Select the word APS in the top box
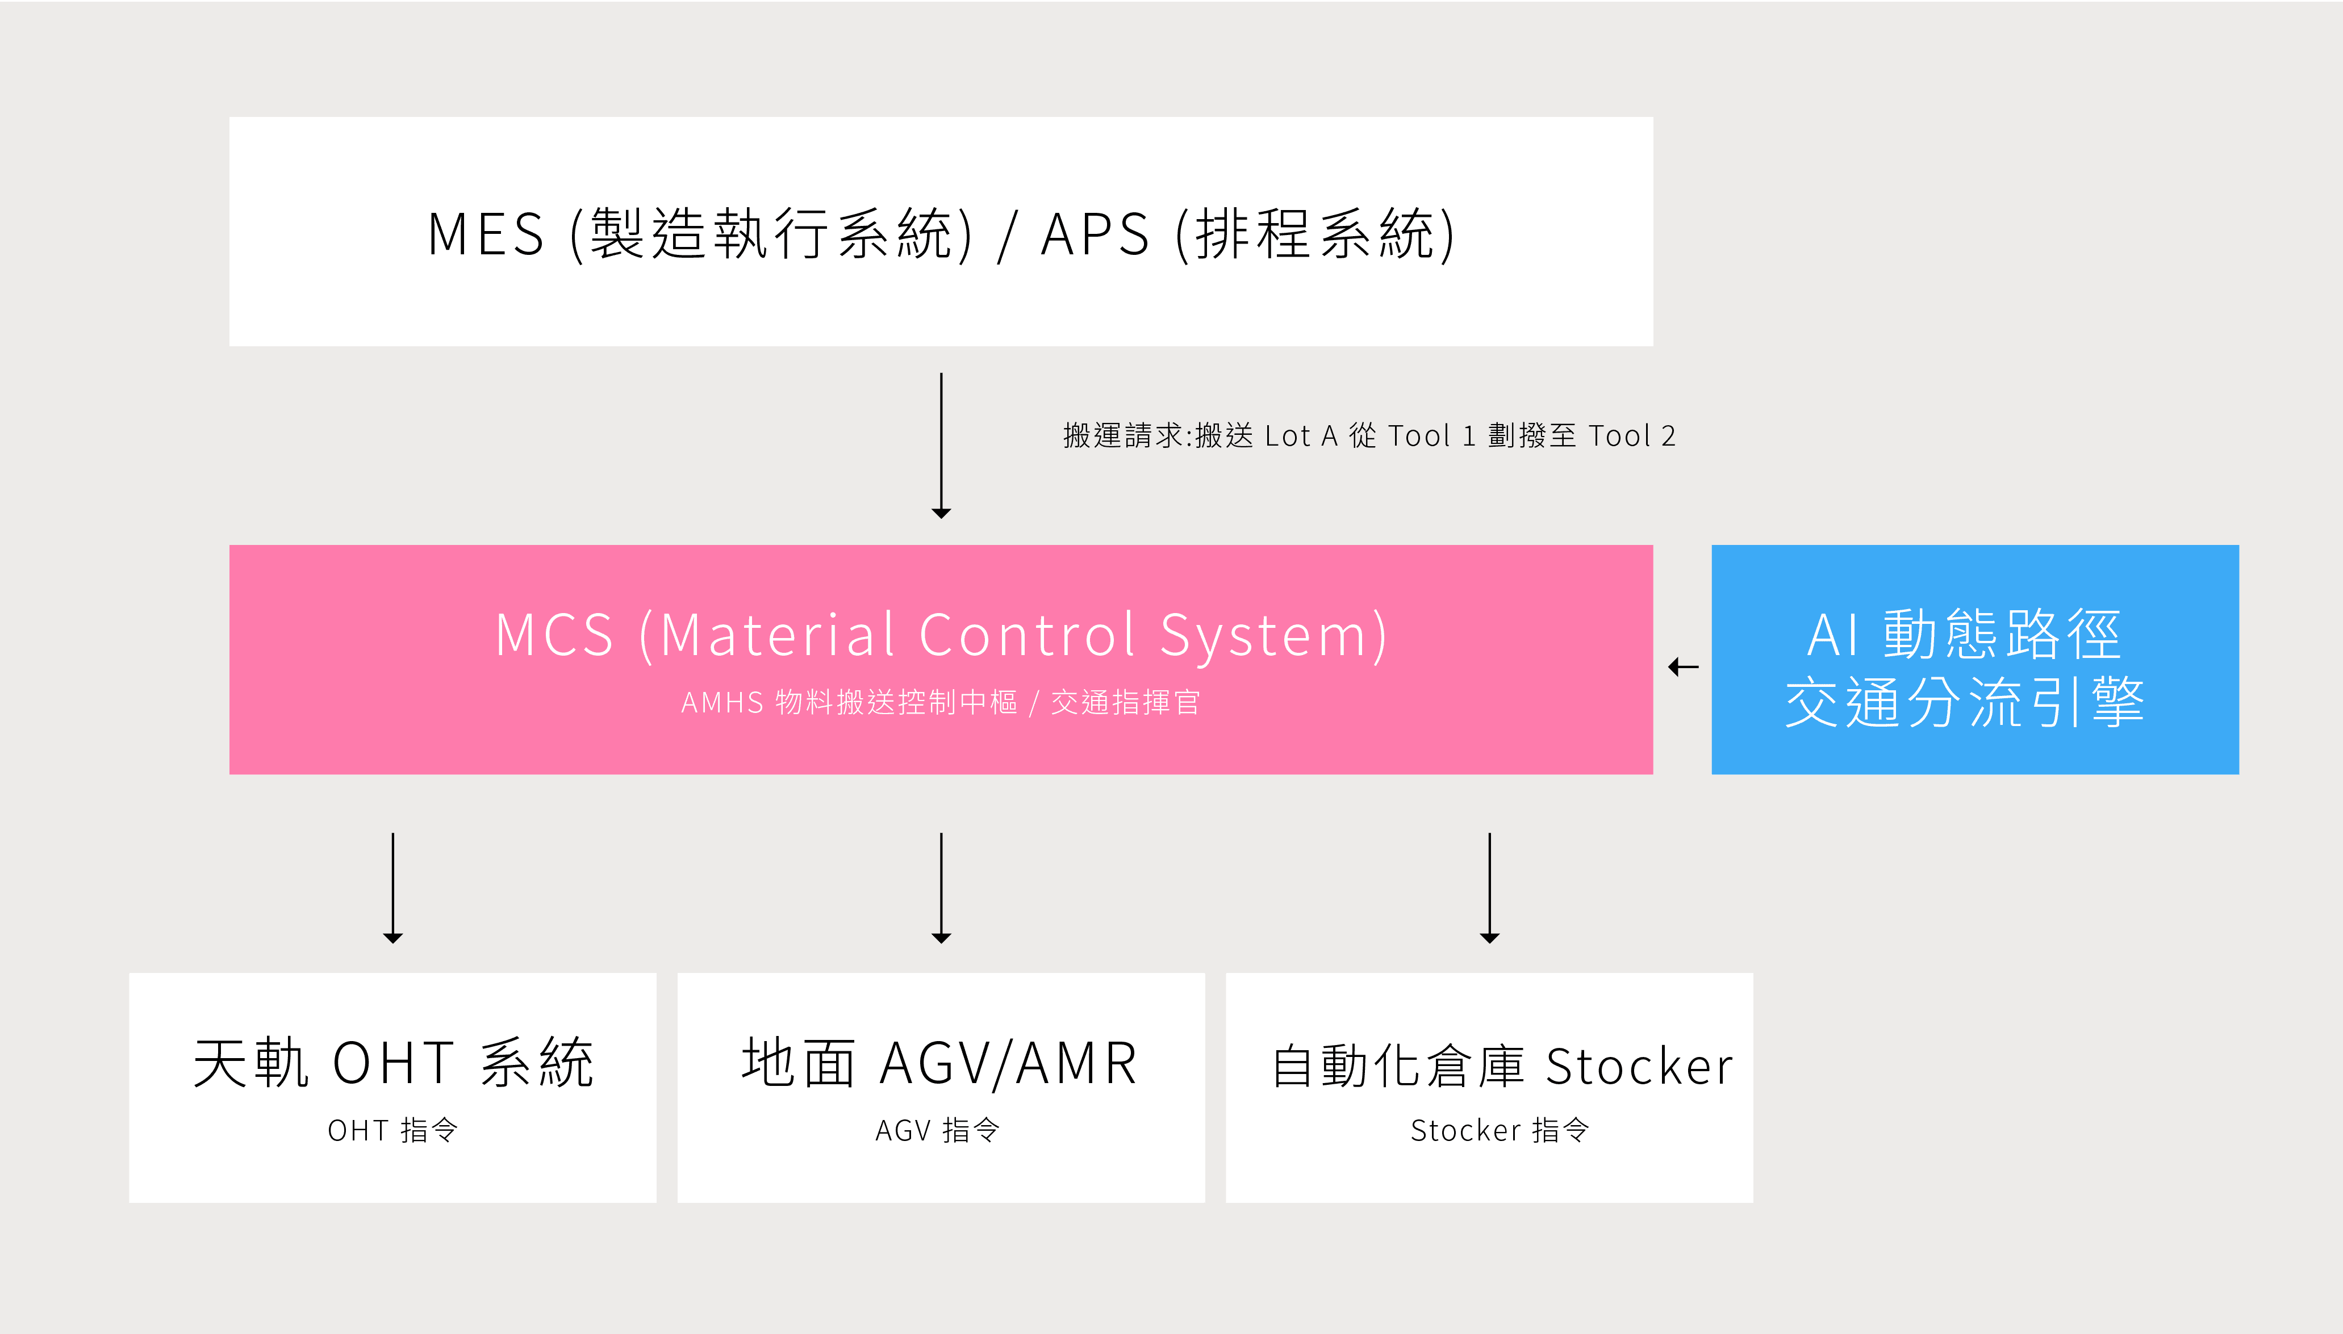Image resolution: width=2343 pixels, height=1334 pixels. coord(1096,234)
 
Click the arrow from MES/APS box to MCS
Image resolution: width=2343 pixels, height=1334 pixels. coord(941,445)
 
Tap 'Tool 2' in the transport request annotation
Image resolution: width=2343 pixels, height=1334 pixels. coord(1632,436)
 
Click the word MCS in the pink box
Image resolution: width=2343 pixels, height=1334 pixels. coord(554,634)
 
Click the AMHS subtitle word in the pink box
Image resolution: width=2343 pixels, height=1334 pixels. coord(722,703)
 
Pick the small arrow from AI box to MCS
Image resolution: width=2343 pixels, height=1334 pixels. coord(1683,667)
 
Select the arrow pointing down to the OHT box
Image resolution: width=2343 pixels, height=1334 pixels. coord(393,888)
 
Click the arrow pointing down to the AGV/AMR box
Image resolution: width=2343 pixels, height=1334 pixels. coord(941,888)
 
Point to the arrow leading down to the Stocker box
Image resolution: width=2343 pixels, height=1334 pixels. coord(1490,888)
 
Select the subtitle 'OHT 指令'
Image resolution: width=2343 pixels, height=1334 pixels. coord(393,1131)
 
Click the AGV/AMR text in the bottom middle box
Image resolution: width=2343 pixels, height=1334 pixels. coord(1008,1064)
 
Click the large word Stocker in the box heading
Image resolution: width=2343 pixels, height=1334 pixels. coord(1640,1067)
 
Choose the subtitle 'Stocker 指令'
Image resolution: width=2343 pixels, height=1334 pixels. coord(1500,1131)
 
